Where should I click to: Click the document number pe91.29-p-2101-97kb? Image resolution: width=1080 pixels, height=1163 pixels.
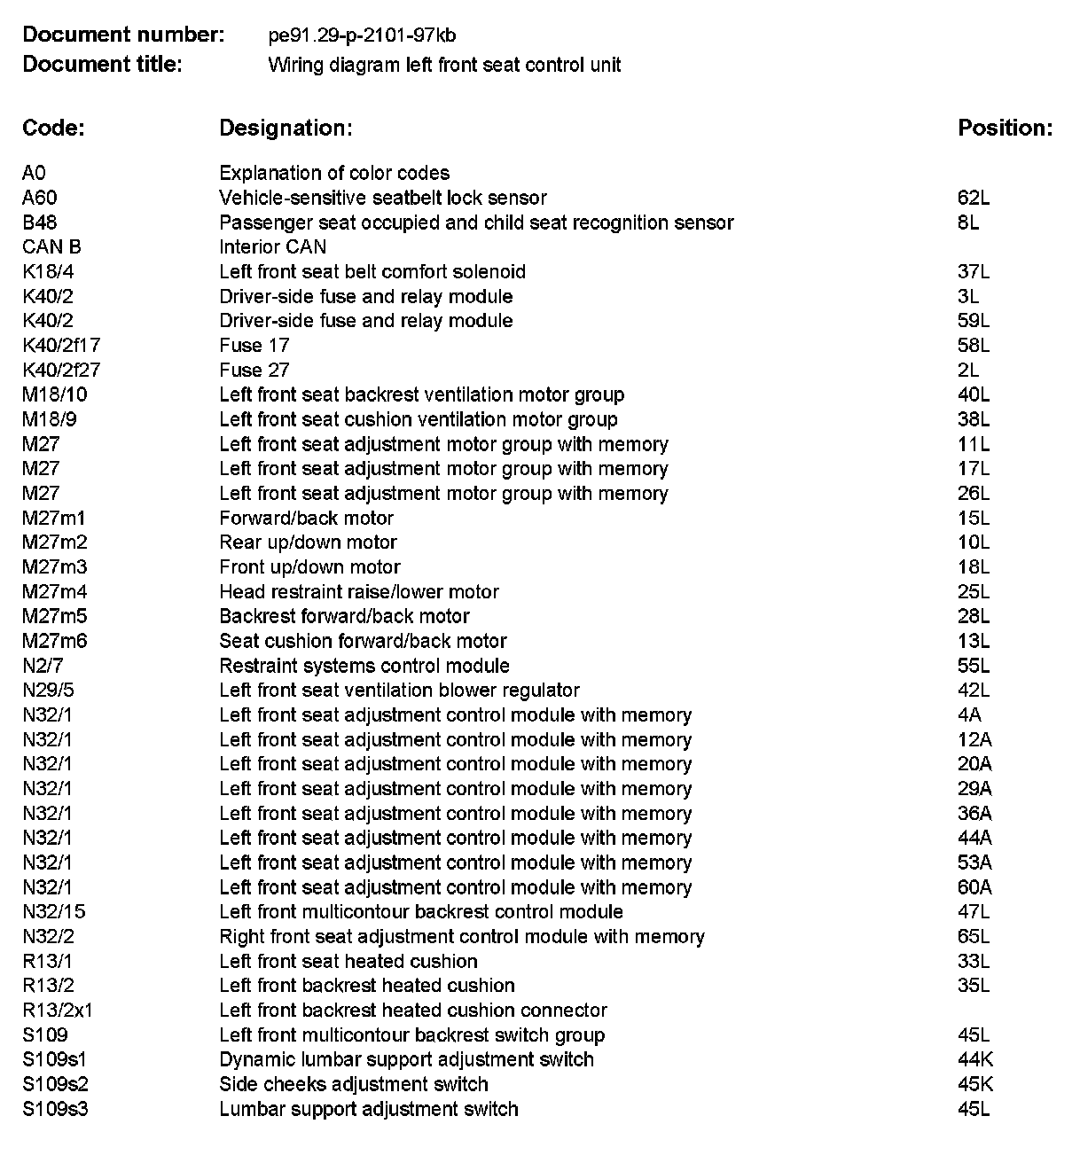(362, 35)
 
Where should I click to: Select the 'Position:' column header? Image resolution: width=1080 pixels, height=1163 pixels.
(1005, 128)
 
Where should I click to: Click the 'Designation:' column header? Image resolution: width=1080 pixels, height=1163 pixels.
(286, 128)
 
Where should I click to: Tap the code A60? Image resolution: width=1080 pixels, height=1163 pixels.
(40, 198)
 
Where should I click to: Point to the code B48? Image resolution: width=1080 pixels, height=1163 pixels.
(40, 222)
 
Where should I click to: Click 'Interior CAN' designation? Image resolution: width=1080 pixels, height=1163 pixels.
(272, 247)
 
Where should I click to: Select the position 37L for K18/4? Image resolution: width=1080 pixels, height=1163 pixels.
(974, 271)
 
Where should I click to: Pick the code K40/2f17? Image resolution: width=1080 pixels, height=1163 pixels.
(61, 346)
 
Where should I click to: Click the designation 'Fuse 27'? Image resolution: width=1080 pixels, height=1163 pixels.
(254, 371)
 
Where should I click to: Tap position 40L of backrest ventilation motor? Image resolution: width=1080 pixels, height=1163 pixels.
(974, 394)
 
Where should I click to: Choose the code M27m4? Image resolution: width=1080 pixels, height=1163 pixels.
(55, 592)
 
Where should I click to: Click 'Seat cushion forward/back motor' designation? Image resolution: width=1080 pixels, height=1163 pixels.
(363, 641)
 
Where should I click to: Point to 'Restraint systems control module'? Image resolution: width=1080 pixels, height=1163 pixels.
(364, 666)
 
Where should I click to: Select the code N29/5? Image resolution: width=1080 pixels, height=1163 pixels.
(49, 691)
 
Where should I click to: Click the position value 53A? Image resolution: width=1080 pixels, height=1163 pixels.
(974, 862)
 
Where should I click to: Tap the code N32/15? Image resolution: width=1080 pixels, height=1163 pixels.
(54, 912)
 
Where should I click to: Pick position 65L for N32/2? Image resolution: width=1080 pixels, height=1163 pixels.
(974, 937)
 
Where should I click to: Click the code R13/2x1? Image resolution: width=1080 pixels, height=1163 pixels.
(58, 1011)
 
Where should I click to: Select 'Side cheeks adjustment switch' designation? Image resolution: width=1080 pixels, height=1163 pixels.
(354, 1084)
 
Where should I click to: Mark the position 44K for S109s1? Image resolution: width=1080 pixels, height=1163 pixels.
(975, 1059)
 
